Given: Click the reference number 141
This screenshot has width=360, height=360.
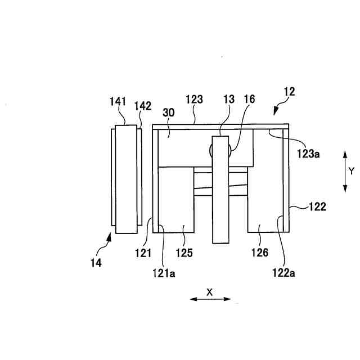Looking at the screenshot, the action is coord(118,102).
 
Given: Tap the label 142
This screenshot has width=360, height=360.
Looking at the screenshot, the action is coord(142,105).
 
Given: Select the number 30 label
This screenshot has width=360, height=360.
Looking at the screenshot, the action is coord(169,112).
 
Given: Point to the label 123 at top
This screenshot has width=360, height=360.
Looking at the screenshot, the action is coord(194,100).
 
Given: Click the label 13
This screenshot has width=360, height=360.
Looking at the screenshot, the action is coord(229,100).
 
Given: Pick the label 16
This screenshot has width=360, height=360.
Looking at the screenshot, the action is coord(249,100).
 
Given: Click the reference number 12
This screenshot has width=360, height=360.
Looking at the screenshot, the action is coord(289,91).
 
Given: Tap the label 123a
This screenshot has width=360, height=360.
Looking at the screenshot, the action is coord(308,152).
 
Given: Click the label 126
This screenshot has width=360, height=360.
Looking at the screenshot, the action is coord(259,253).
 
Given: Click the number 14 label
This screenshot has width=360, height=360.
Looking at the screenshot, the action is coord(96,262).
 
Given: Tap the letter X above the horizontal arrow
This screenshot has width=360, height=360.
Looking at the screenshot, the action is coord(209,291).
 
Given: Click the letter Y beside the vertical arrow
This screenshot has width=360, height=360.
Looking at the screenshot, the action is coord(351,171).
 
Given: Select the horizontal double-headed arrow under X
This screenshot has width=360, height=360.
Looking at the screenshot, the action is coord(210,299).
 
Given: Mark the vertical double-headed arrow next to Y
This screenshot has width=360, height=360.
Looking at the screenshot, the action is coord(344,171).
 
